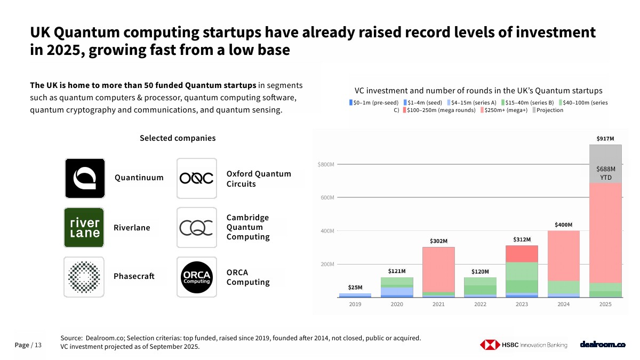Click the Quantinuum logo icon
click(x=85, y=178)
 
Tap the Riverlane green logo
click(x=84, y=228)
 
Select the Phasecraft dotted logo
click(x=84, y=277)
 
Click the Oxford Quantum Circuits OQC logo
click(x=196, y=178)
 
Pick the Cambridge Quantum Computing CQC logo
click(x=196, y=228)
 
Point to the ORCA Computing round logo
click(x=196, y=277)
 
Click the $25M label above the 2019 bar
click(x=355, y=287)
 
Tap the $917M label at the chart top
click(x=605, y=139)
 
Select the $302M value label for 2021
click(x=438, y=241)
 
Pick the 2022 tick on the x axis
click(x=480, y=305)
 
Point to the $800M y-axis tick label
click(x=325, y=164)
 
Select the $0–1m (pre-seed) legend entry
click(x=374, y=102)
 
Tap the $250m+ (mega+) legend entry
click(x=504, y=110)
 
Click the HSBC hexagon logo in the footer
click(x=489, y=345)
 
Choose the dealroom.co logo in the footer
click(x=603, y=345)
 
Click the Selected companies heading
click(x=178, y=138)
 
